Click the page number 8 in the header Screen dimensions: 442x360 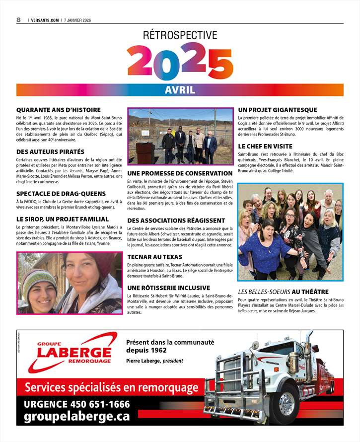(18, 19)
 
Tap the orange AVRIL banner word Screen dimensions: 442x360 (180, 90)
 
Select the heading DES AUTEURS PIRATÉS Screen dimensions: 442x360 (50, 151)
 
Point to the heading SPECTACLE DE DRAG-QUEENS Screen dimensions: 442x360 (61, 193)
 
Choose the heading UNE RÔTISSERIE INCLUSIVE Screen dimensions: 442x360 (168, 288)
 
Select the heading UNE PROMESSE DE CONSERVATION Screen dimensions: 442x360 (180, 173)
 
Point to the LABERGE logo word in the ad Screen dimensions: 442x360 (74, 354)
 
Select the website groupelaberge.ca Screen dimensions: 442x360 (77, 417)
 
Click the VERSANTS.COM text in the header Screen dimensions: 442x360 (45, 20)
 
